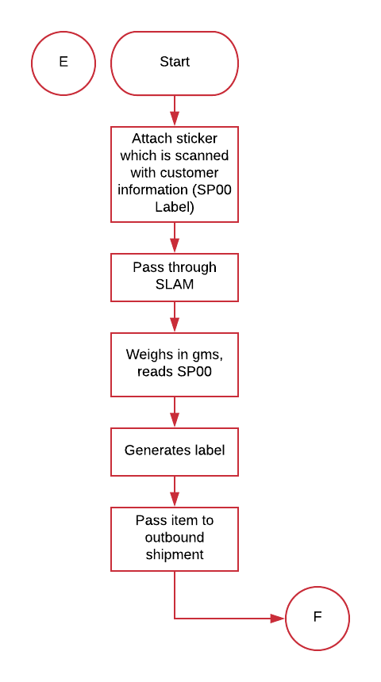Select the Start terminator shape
[175, 63]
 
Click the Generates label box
[175, 451]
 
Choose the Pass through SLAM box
[175, 277]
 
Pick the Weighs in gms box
[175, 365]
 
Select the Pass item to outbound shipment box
[175, 539]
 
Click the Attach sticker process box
[175, 174]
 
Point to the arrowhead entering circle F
[278, 618]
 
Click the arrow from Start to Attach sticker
[175, 111]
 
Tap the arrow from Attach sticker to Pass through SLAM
[175, 238]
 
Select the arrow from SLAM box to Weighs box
[175, 317]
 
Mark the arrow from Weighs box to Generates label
[175, 412]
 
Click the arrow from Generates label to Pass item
[175, 492]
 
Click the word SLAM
[175, 285]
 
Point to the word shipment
[175, 555]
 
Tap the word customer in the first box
[190, 173]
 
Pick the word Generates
[151, 450]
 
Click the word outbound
[175, 538]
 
